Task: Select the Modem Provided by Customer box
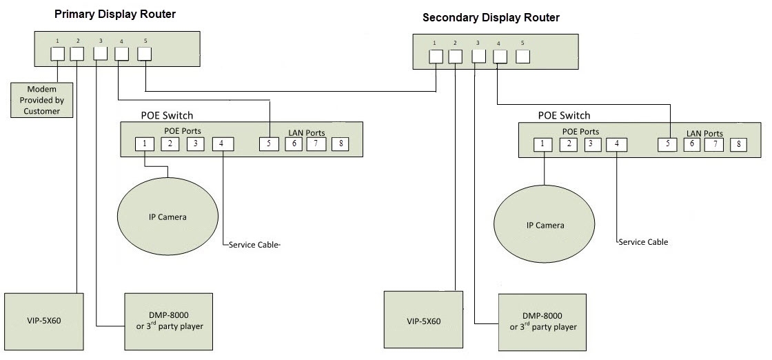coord(41,100)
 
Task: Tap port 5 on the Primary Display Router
coord(145,53)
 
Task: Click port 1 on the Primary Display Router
coord(57,53)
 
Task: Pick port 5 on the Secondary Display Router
coord(522,57)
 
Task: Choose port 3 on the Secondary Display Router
coord(478,57)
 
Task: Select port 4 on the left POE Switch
coord(223,143)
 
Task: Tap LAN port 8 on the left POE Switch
coord(339,143)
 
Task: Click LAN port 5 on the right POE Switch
coord(667,144)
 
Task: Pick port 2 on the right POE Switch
coord(568,144)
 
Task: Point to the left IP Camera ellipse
coord(167,217)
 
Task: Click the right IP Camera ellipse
coord(545,226)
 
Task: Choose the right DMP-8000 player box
coord(545,322)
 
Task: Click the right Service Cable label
coord(644,242)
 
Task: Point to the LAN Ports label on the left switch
coord(306,132)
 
